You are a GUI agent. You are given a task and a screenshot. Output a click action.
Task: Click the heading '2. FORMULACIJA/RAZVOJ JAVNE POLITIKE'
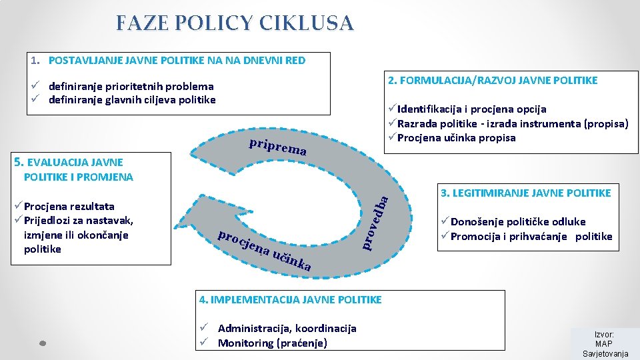pyautogui.click(x=493, y=81)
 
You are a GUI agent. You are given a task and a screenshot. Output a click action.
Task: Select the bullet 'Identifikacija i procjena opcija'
pyautogui.click(x=471, y=109)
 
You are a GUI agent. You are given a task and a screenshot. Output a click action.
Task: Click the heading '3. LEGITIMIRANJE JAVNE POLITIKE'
pyautogui.click(x=525, y=193)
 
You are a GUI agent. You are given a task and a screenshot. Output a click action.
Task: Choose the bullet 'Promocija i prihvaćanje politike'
pyautogui.click(x=531, y=237)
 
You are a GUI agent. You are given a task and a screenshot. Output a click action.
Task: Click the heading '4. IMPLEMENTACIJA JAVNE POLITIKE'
pyautogui.click(x=291, y=300)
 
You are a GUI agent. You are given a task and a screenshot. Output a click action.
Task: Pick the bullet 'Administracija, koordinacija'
pyautogui.click(x=287, y=328)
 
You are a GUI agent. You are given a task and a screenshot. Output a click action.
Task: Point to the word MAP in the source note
pyautogui.click(x=603, y=343)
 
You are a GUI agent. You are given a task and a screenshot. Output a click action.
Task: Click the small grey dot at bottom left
pyautogui.click(x=41, y=343)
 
